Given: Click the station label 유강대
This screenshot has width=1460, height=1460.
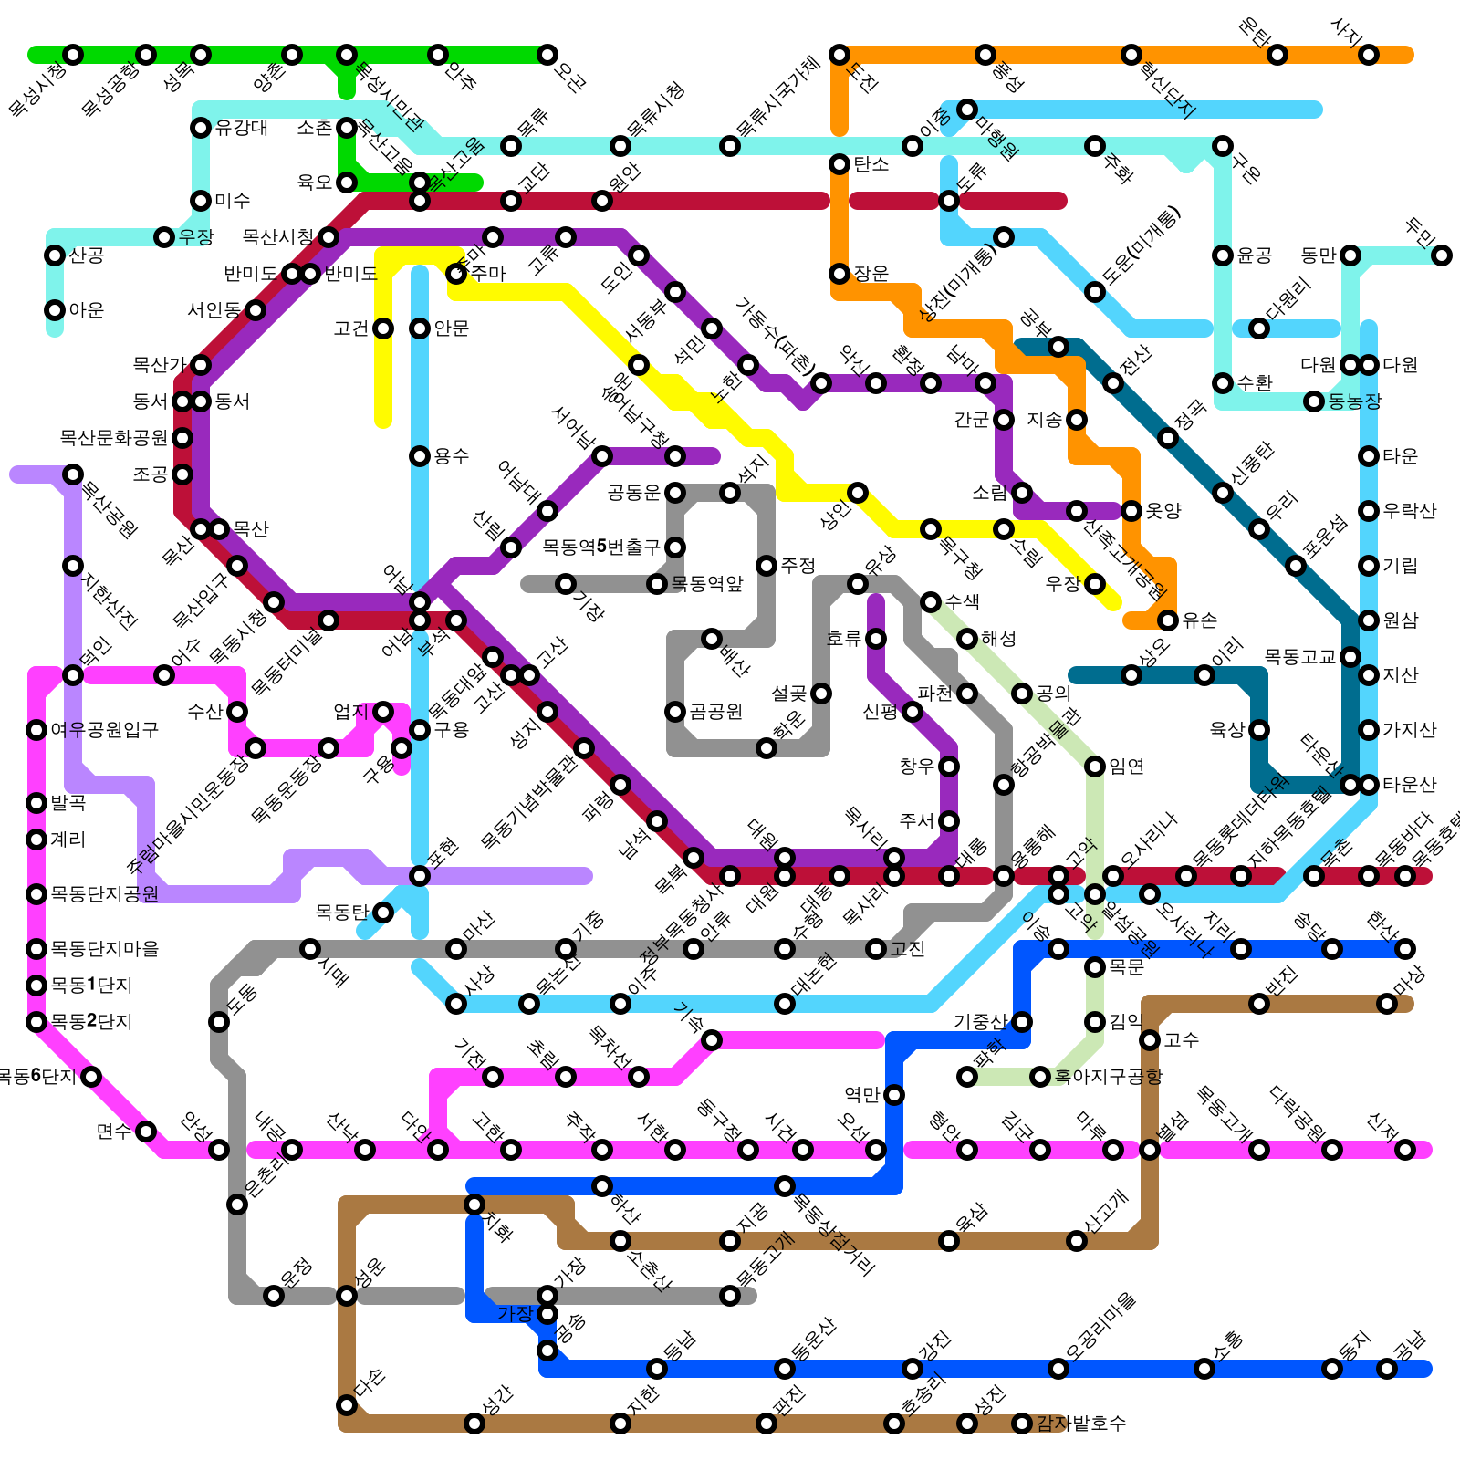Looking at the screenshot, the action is [x=242, y=128].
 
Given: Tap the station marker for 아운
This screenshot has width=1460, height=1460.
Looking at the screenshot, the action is [x=55, y=310].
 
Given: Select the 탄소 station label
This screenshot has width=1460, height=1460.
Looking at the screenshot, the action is [x=871, y=164].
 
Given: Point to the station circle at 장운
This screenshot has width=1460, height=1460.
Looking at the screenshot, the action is [x=839, y=274].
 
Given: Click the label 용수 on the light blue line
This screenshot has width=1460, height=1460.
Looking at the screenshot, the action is [x=452, y=456].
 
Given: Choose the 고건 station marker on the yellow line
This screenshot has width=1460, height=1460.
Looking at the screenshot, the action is [x=383, y=328].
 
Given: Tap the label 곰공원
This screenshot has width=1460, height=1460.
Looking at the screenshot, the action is [x=716, y=712].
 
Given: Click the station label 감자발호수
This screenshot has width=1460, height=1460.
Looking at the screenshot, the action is [x=1081, y=1423].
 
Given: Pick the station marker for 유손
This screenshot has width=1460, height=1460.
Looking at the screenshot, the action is [x=1168, y=620].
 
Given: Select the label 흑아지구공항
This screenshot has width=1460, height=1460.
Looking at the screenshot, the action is [x=1109, y=1077].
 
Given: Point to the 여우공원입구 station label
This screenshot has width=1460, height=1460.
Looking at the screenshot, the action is [x=105, y=730].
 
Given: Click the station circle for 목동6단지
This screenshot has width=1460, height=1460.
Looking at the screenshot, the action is [x=91, y=1077].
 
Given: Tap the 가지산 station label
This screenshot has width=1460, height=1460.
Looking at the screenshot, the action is [x=1410, y=730].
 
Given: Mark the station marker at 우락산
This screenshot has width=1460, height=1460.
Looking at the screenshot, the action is [x=1369, y=511].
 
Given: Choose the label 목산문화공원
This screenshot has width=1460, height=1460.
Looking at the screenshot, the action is [x=114, y=438].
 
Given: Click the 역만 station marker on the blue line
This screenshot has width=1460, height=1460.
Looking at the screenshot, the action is [x=894, y=1095].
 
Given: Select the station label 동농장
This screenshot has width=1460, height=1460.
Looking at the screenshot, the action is [x=1355, y=401].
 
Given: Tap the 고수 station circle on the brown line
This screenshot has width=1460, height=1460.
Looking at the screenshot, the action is [x=1150, y=1040].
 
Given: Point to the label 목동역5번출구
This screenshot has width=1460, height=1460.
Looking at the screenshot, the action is [x=601, y=547].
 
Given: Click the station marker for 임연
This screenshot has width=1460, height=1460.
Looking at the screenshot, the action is [x=1095, y=766].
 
